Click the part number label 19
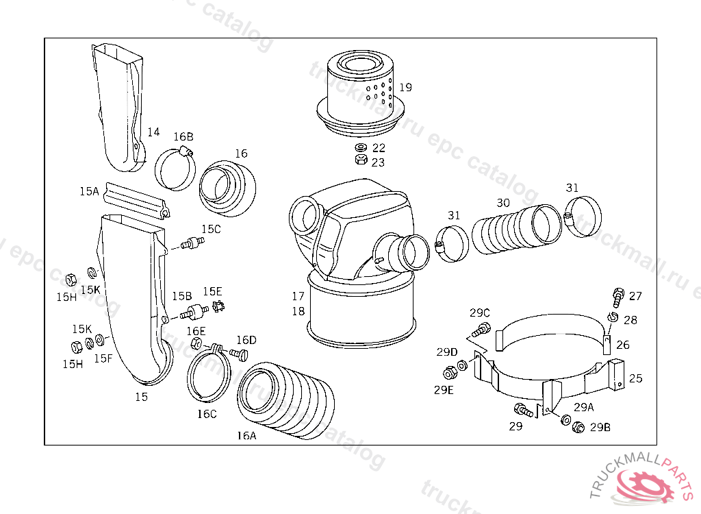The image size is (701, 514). pos(406,88)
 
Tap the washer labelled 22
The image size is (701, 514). pos(360,148)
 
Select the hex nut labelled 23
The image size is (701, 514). pos(360,160)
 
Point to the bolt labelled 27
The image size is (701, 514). pos(618,297)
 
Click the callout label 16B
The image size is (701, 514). pos(183,136)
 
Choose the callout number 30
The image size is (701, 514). pos(503,203)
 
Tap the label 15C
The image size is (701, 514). pos(211,229)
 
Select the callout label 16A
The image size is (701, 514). pos(246,435)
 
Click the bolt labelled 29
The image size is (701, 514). pos(523,411)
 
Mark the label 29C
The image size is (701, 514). pos(480,313)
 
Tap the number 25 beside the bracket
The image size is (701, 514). pos(635,378)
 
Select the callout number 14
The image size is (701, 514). pos(153,132)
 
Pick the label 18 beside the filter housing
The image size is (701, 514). pos(298,311)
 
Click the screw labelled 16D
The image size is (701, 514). pos(238,353)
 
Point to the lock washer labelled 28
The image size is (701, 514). pos(611,317)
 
